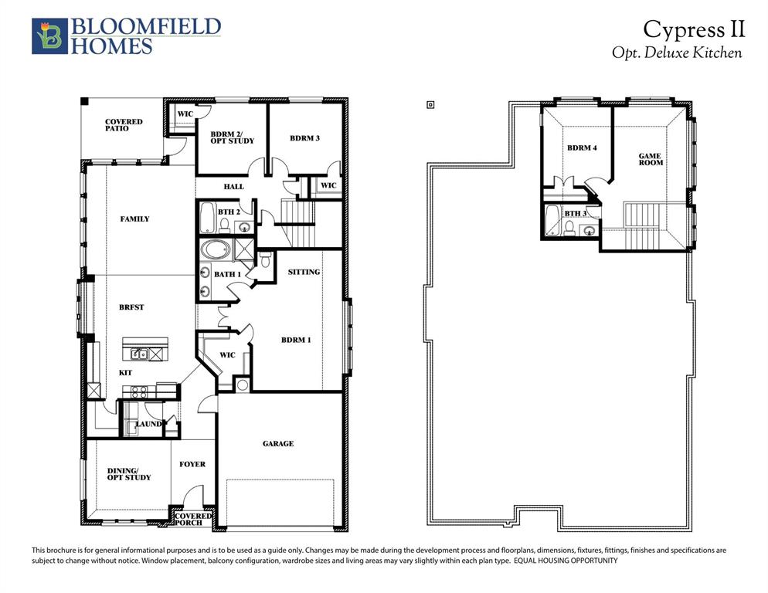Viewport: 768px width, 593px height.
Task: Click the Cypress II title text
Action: click(694, 29)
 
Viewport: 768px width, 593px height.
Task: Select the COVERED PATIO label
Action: click(124, 125)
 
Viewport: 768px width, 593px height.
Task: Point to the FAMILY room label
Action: click(135, 219)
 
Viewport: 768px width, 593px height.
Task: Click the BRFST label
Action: click(132, 307)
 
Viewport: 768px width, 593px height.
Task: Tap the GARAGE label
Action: click(277, 444)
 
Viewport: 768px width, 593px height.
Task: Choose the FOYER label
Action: click(192, 464)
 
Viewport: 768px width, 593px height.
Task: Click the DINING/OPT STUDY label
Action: click(129, 474)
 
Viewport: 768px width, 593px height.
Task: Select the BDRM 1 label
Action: click(296, 340)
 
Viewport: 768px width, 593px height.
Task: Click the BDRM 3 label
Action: click(304, 138)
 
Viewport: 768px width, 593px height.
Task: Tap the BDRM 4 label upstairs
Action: click(582, 147)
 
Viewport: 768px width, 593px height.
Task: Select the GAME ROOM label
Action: click(650, 159)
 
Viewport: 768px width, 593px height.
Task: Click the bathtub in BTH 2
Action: click(207, 219)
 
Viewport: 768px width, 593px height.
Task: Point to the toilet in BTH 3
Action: click(569, 227)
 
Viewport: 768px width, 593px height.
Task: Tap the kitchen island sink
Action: click(139, 354)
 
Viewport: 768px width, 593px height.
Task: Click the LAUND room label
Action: click(148, 424)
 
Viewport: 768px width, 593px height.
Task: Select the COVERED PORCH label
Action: click(192, 520)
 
